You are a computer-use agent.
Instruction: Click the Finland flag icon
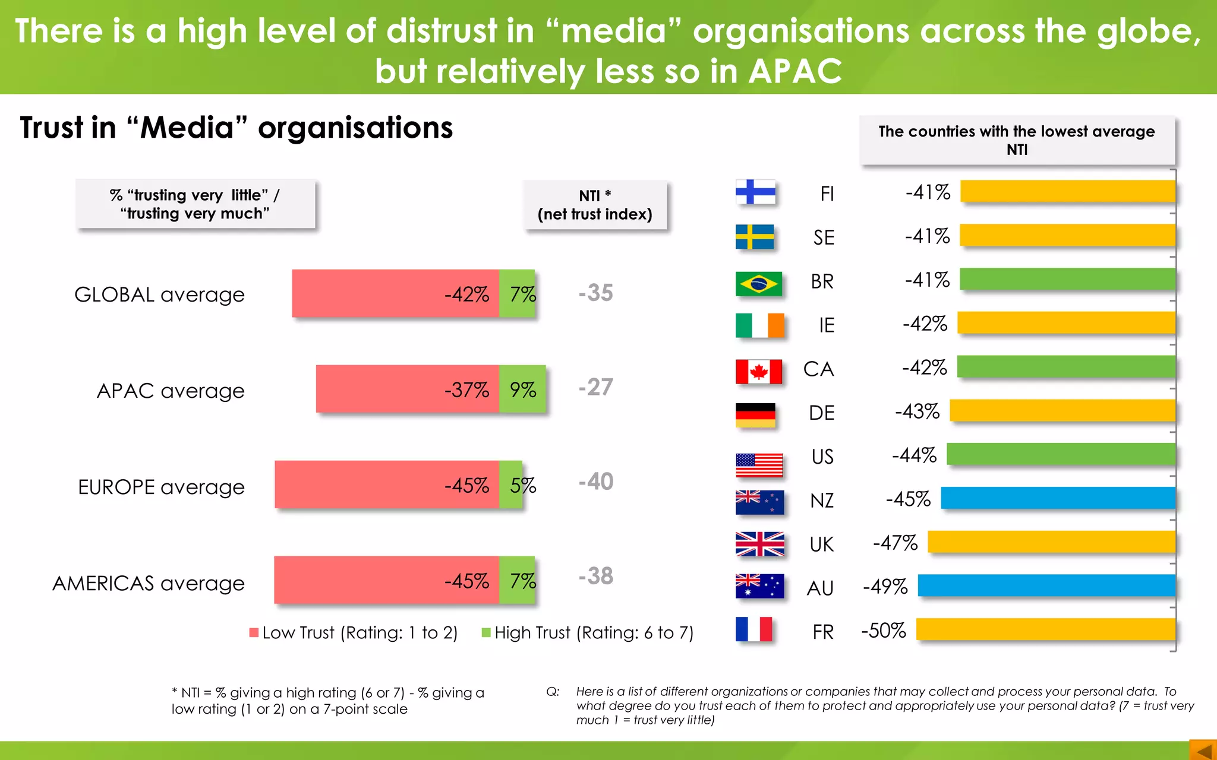[755, 192]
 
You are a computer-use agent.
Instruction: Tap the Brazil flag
[758, 283]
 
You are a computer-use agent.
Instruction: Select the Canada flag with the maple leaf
[759, 372]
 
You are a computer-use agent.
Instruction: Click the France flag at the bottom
[754, 629]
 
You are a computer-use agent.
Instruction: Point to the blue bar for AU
[1046, 585]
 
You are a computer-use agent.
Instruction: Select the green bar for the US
[1061, 454]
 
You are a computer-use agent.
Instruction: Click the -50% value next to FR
[884, 631]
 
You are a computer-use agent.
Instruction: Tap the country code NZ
[822, 501]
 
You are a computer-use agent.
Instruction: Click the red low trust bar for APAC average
[407, 389]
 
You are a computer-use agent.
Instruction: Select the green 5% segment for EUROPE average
[510, 484]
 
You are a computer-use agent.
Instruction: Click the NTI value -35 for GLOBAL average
[595, 293]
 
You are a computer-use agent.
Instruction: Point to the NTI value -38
[595, 576]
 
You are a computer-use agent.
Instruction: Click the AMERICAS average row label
[149, 583]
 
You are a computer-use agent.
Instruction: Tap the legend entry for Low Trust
[354, 633]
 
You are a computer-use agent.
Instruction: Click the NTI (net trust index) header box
[595, 205]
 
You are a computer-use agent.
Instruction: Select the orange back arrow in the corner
[1203, 750]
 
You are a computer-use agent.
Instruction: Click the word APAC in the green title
[794, 71]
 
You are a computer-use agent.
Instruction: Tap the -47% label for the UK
[895, 543]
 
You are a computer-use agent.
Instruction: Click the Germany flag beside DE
[755, 415]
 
